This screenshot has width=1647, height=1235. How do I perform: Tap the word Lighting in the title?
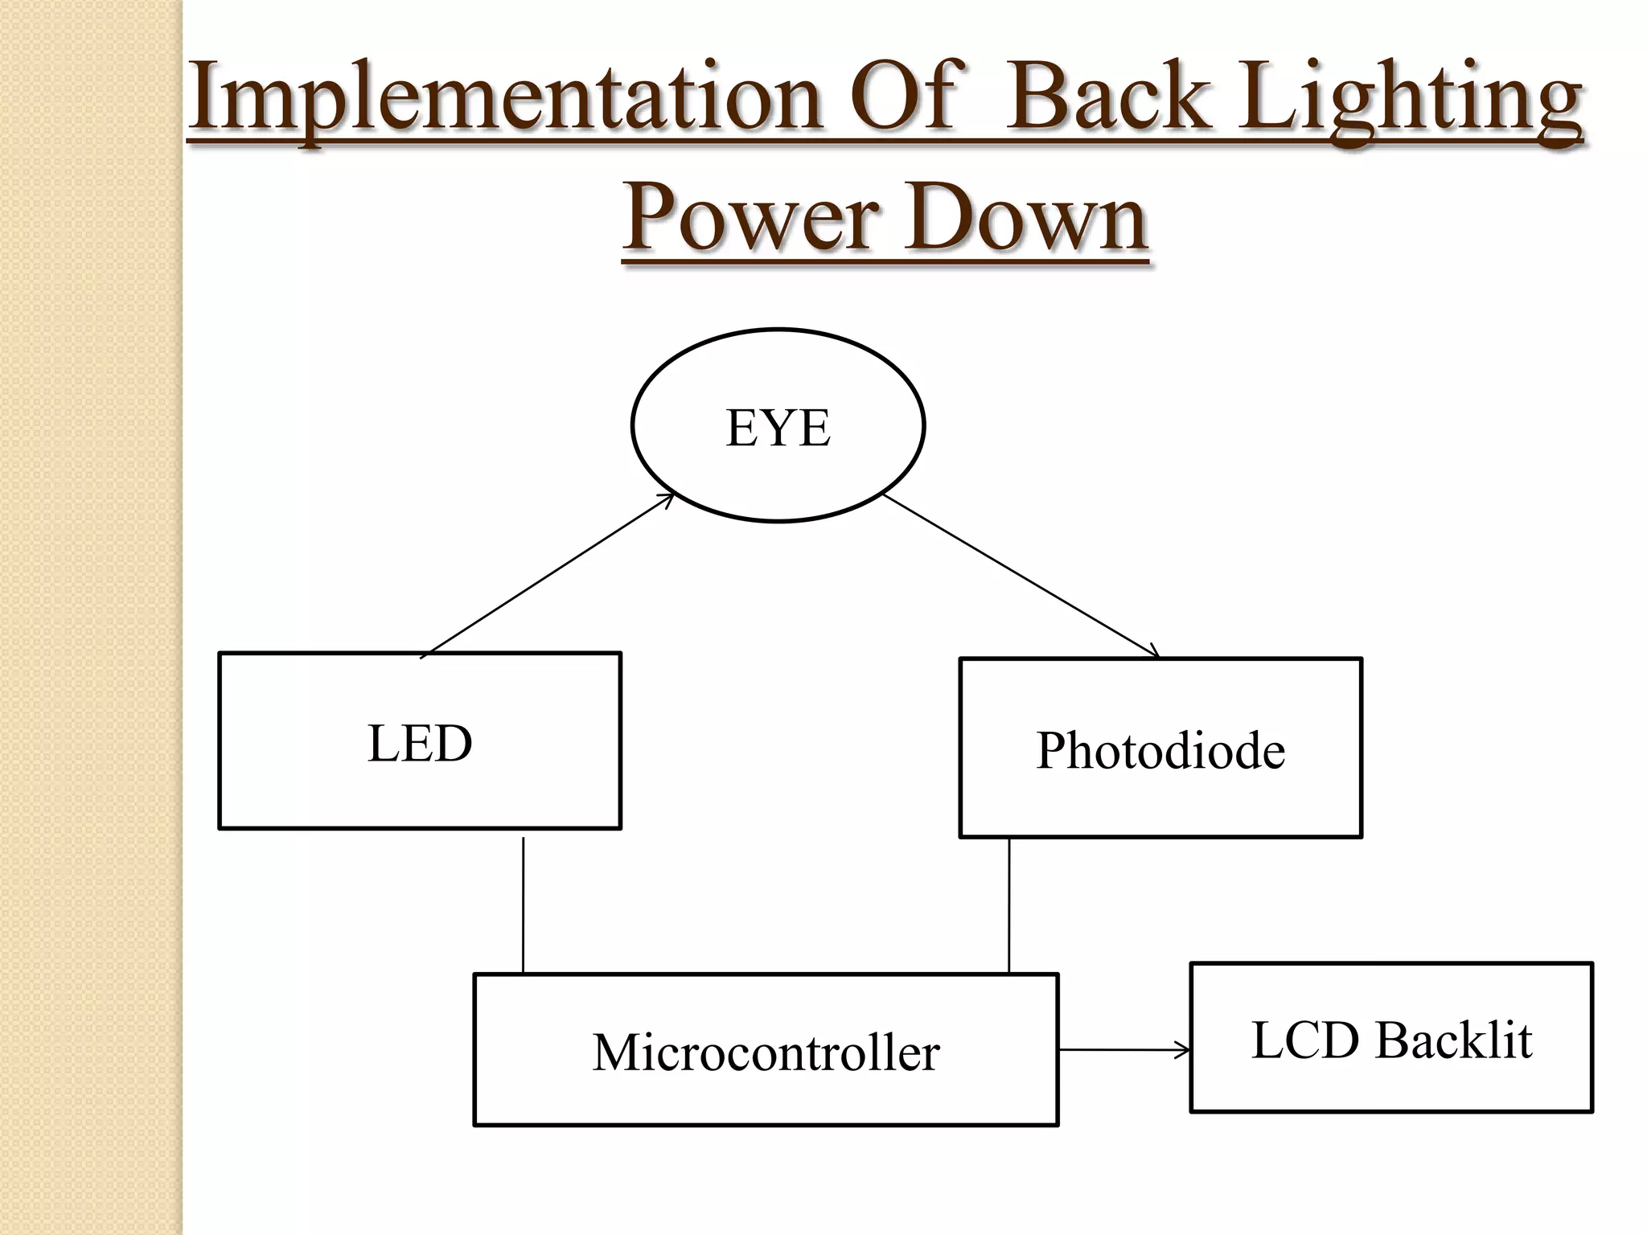pyautogui.click(x=1410, y=101)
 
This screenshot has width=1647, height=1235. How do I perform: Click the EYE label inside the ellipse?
pyautogui.click(x=778, y=428)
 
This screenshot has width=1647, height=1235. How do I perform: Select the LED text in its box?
pyautogui.click(x=420, y=743)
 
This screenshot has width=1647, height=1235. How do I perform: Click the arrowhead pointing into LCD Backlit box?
pyautogui.click(x=1184, y=1049)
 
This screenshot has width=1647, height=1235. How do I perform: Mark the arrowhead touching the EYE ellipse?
pyautogui.click(x=667, y=499)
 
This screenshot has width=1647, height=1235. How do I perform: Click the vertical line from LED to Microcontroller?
pyautogui.click(x=524, y=905)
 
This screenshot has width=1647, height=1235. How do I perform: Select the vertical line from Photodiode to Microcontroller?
pyautogui.click(x=1009, y=905)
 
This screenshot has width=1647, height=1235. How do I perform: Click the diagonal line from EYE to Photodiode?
pyautogui.click(x=1021, y=575)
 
